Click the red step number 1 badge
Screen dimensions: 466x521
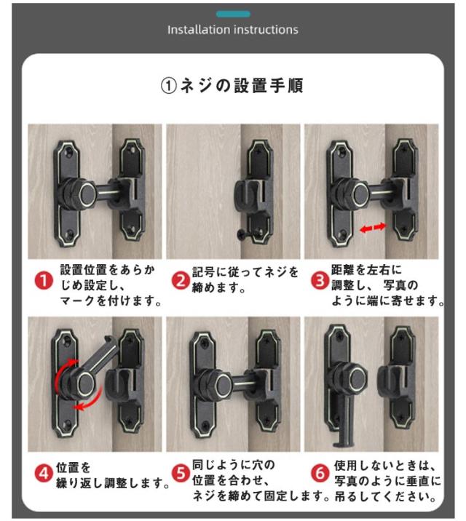[x=44, y=281]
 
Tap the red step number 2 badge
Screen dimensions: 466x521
[x=181, y=281]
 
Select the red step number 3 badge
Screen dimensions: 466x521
[x=320, y=281]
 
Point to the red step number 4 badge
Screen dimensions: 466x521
[x=44, y=473]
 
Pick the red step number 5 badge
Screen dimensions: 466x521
[x=181, y=473]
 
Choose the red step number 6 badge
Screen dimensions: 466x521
[x=320, y=473]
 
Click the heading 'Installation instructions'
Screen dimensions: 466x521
[x=233, y=30]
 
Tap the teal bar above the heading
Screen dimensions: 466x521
[x=233, y=14]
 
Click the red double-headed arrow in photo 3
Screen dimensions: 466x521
[x=373, y=228]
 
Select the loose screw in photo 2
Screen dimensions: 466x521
[x=242, y=234]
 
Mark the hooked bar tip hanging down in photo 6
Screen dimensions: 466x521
[x=341, y=442]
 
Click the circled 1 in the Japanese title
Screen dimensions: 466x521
[x=168, y=86]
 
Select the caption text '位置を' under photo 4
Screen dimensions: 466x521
[x=73, y=467]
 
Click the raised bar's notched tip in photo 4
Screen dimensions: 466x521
[x=108, y=341]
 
